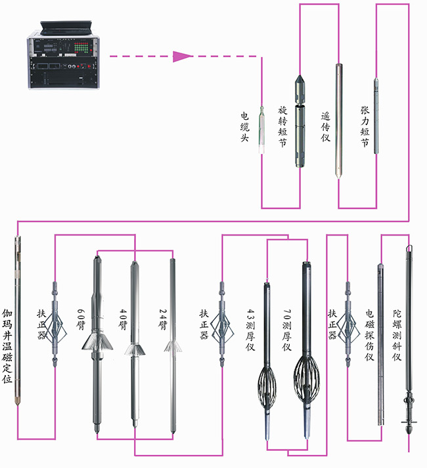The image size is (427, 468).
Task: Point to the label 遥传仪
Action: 325,126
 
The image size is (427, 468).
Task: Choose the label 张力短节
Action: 365,125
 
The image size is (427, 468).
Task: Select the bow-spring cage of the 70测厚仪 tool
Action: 305,375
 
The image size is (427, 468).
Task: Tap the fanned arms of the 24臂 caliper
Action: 173,345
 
